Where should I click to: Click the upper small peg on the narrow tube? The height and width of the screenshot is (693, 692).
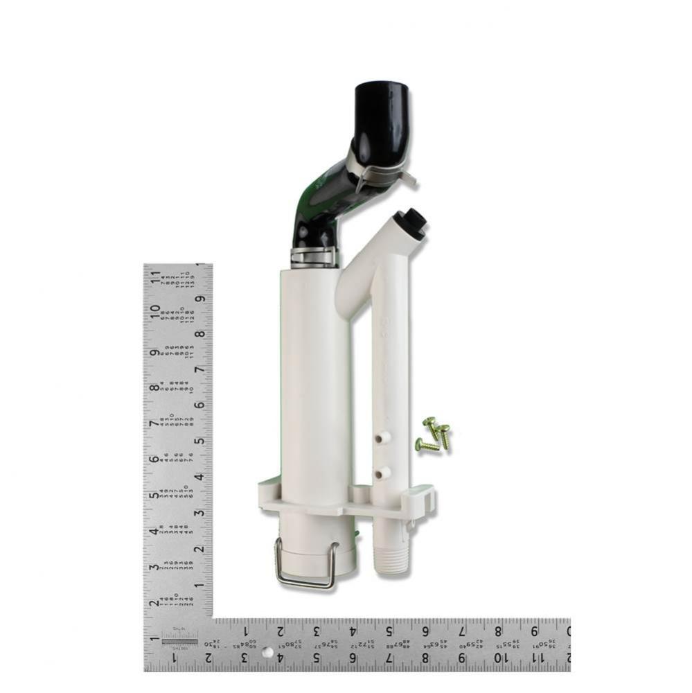tap(380, 438)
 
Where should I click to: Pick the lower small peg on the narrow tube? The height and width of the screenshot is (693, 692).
tap(380, 473)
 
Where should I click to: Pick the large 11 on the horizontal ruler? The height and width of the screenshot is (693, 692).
tap(535, 656)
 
